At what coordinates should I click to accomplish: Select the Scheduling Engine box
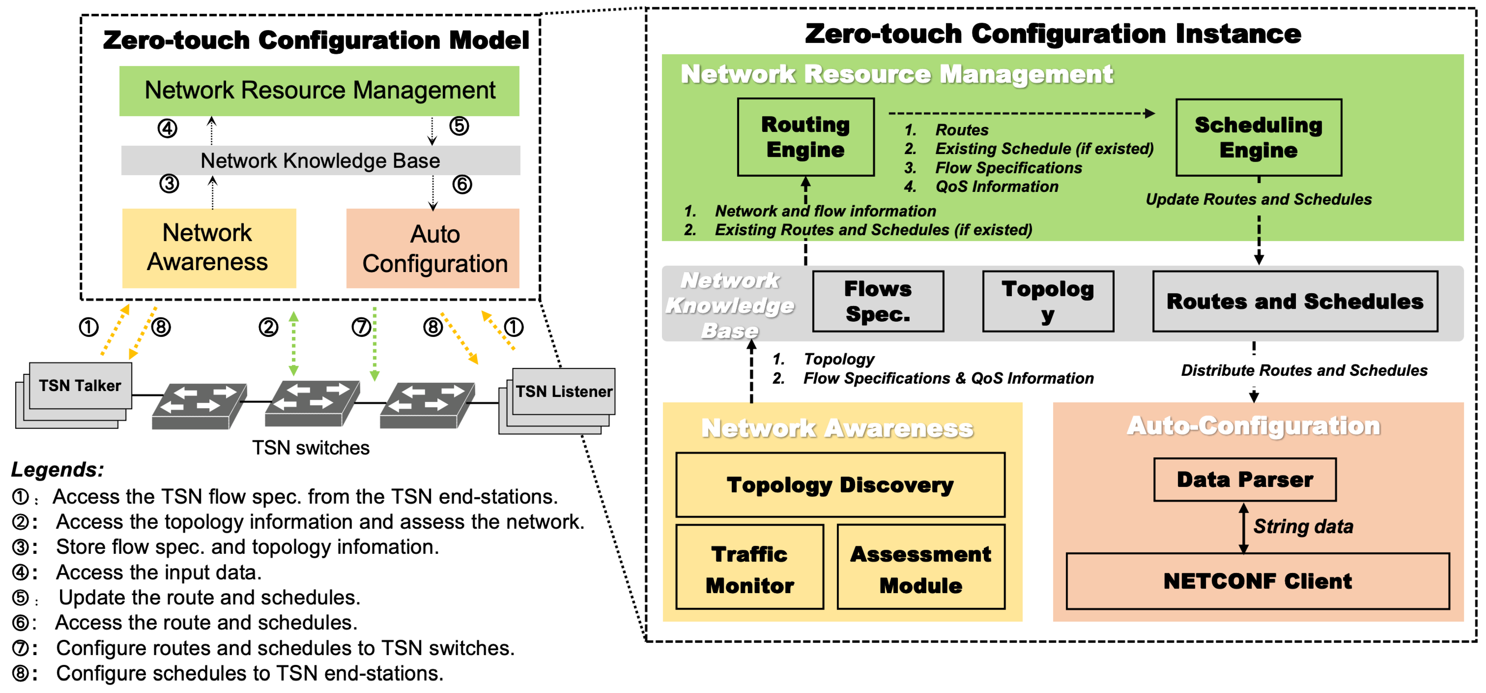point(1258,137)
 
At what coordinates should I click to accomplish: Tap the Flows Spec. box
point(877,301)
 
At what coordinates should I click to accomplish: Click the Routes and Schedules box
point(1295,301)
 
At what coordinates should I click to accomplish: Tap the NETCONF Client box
point(1257,581)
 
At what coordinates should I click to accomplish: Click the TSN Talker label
point(80,386)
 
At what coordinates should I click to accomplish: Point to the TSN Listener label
point(564,391)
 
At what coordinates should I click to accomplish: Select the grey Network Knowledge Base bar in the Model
point(320,160)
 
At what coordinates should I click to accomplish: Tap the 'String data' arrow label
point(1303,526)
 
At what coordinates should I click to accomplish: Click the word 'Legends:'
point(57,469)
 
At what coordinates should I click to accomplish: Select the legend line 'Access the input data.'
point(158,572)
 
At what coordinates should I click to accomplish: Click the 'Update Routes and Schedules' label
point(1258,199)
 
